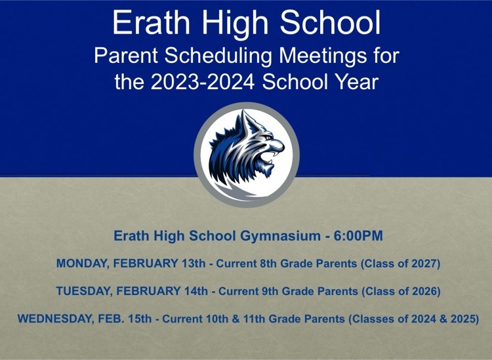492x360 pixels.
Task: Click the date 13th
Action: [x=192, y=264]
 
